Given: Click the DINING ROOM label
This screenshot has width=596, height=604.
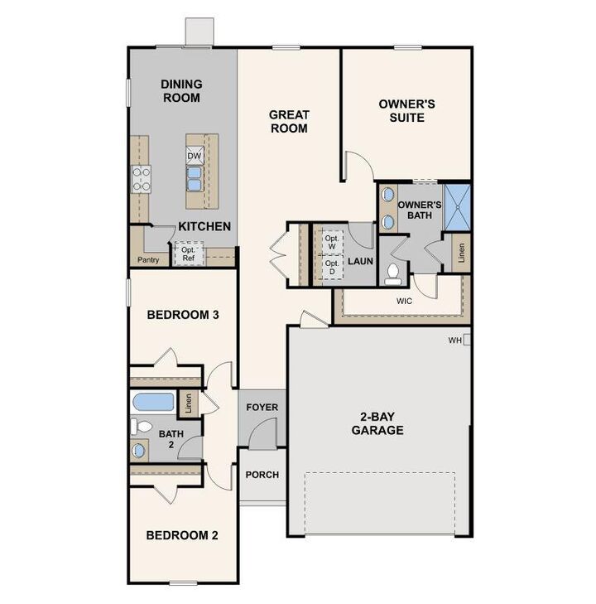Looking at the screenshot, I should [180, 91].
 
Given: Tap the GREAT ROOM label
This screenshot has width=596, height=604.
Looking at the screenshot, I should [289, 122].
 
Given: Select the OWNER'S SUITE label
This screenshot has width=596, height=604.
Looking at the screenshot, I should [406, 111].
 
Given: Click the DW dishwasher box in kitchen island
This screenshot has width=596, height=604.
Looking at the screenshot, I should [195, 156].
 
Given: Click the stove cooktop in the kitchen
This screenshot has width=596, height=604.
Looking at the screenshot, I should [141, 178].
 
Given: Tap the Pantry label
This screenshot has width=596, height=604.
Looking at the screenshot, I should [148, 259].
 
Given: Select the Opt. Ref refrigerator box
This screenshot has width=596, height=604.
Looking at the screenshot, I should [189, 254].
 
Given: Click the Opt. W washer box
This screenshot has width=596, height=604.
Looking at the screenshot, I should [332, 240].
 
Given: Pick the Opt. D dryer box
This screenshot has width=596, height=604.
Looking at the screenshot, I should [332, 267].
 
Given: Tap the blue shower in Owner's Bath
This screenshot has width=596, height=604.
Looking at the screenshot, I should [457, 207].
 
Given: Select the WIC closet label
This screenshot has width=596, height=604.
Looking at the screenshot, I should [404, 301].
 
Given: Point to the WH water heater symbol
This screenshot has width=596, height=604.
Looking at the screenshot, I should [467, 340].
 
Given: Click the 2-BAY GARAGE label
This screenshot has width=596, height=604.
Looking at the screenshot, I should [377, 423].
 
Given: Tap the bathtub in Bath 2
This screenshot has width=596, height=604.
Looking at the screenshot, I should [154, 403].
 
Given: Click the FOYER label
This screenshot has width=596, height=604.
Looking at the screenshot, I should [262, 408].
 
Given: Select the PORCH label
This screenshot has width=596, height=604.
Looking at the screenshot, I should [262, 475].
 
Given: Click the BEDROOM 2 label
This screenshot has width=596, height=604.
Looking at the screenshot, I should [182, 535].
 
